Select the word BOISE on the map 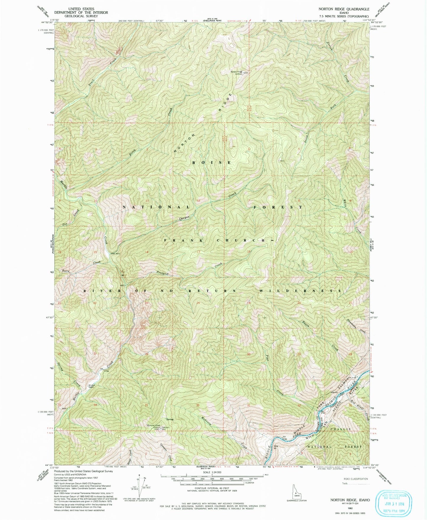pyautogui.click(x=211, y=163)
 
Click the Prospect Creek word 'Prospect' pyautogui.click(x=163, y=274)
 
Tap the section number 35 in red pyautogui.click(x=146, y=405)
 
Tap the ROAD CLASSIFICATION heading pyautogui.click(x=355, y=479)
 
